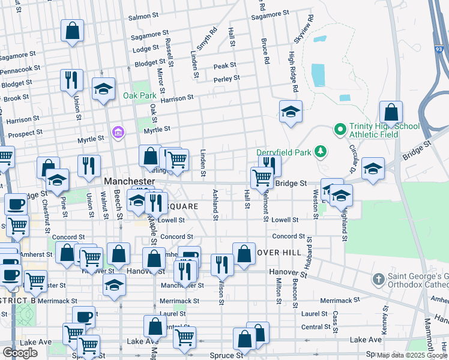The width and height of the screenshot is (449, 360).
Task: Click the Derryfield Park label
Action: click(284, 152)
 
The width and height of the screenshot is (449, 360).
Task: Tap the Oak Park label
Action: click(139, 95)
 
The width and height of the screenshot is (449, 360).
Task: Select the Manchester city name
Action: click(130, 181)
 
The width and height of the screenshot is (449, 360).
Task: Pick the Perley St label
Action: click(227, 79)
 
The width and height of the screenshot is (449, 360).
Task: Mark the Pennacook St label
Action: click(20, 71)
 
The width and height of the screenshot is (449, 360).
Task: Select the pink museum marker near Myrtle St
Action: click(118, 131)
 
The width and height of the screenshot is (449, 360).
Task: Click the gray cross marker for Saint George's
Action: click(378, 279)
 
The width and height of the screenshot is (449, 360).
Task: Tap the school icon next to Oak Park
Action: click(103, 90)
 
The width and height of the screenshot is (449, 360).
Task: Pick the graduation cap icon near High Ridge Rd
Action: click(291, 112)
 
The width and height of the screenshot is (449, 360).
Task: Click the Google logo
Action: click(20, 353)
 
